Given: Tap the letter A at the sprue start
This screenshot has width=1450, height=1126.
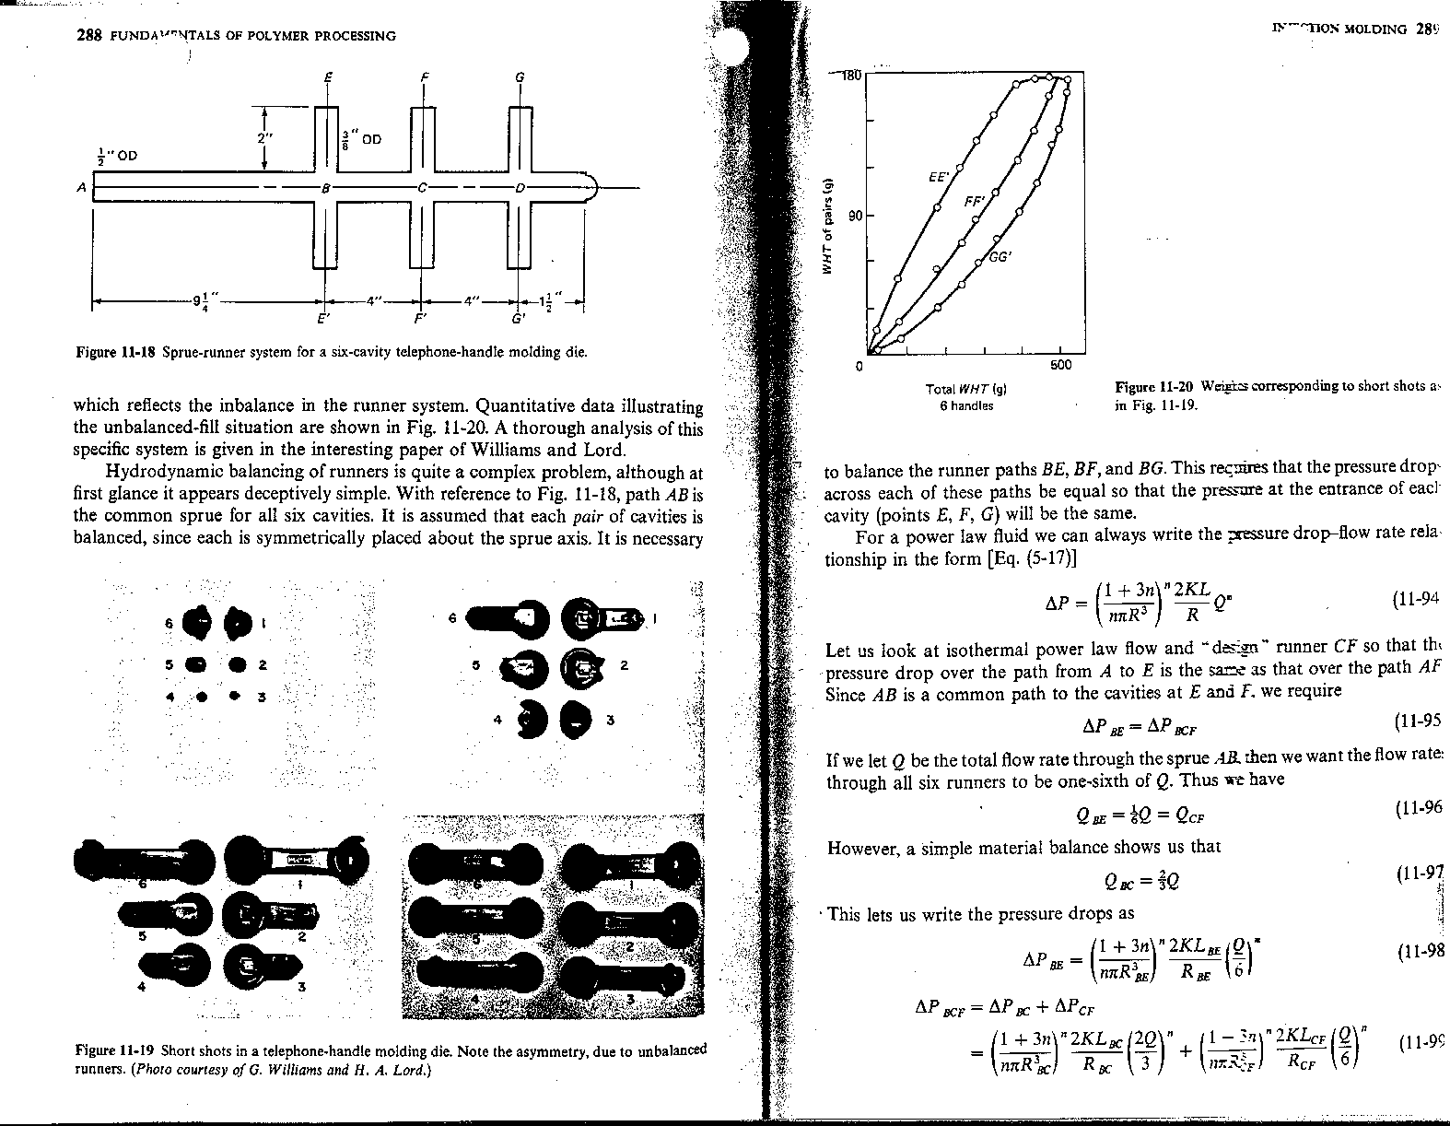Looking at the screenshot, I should [x=81, y=187].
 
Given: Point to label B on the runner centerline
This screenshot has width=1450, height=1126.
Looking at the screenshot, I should [x=324, y=187].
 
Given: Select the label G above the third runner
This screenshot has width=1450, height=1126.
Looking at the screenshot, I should [x=520, y=79].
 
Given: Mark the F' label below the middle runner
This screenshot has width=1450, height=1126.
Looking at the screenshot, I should [x=420, y=320].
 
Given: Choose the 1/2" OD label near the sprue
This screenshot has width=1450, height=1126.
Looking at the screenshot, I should [x=115, y=154].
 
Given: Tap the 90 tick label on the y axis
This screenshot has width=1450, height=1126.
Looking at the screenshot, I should [x=854, y=216].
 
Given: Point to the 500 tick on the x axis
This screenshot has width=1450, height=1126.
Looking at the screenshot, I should [x=1059, y=366].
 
